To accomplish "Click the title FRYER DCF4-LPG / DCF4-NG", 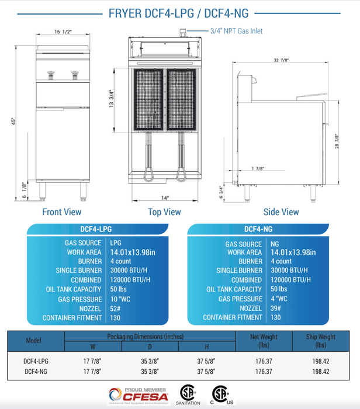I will [x=179, y=14].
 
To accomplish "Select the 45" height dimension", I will [x=11, y=121].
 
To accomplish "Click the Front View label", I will [x=62, y=212].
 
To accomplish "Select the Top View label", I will [x=164, y=212].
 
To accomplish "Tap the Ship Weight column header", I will [x=320, y=340].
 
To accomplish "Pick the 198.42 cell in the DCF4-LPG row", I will [x=320, y=361].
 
